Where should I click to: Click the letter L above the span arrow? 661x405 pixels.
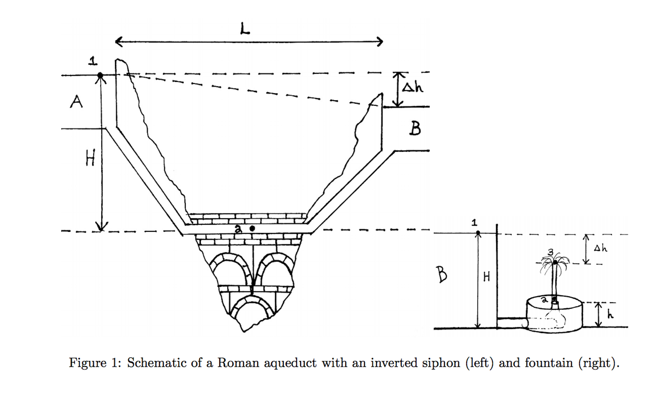[245, 29]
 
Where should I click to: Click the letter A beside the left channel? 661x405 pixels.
[76, 102]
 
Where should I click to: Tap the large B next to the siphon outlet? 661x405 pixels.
[415, 128]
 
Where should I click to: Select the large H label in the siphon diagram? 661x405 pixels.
[90, 159]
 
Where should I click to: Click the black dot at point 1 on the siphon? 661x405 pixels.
[100, 75]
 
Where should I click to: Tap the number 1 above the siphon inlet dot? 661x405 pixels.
[93, 61]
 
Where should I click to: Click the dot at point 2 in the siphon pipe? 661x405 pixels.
[252, 229]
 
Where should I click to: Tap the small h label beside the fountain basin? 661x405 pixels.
[610, 314]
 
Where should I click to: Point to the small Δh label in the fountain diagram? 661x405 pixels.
[600, 248]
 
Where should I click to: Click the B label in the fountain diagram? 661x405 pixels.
[442, 274]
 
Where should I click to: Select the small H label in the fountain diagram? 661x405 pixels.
[487, 277]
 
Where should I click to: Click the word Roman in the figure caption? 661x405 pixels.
[238, 363]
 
